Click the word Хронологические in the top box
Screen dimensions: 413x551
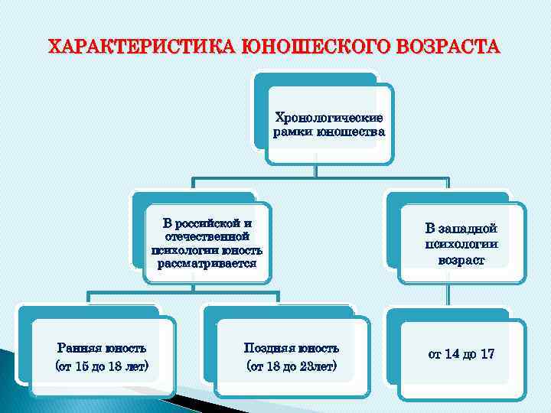pyautogui.click(x=329, y=119)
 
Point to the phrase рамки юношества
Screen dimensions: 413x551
pyautogui.click(x=329, y=132)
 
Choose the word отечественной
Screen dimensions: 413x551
pyautogui.click(x=207, y=237)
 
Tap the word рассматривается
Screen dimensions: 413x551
pyautogui.click(x=207, y=264)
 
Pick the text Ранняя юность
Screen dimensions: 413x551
pyautogui.click(x=103, y=349)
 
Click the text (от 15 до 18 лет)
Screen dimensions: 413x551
pyautogui.click(x=103, y=366)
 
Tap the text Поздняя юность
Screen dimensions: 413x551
pyautogui.click(x=291, y=349)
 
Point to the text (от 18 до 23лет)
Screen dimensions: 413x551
pyautogui.click(x=291, y=366)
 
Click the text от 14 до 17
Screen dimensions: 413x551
pyautogui.click(x=461, y=354)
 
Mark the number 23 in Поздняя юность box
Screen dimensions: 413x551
pyautogui.click(x=308, y=366)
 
